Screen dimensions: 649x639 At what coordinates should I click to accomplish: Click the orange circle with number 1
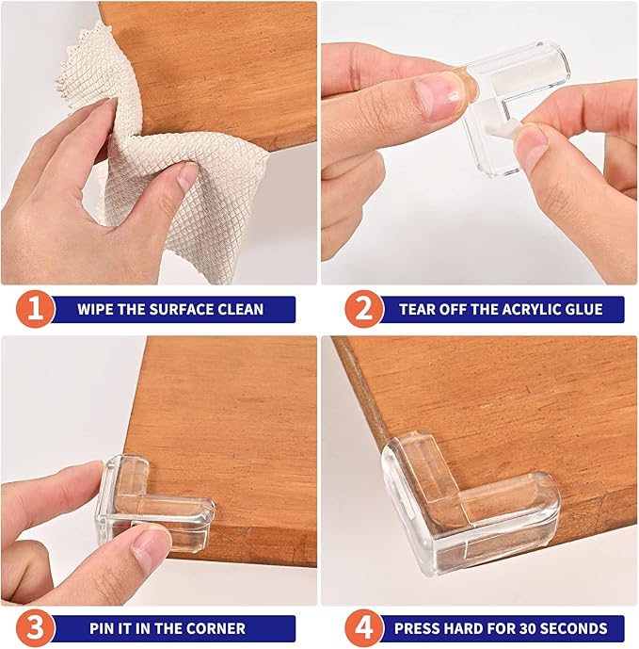pos(35,309)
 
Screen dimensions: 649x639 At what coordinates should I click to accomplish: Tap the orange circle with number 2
pos(362,309)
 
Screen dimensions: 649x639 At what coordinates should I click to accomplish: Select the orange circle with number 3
pos(35,627)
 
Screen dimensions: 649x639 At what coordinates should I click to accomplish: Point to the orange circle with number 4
pos(362,627)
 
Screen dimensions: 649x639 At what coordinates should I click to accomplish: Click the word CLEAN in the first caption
pos(241,309)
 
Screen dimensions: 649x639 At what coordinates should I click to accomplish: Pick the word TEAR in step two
pos(419,309)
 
